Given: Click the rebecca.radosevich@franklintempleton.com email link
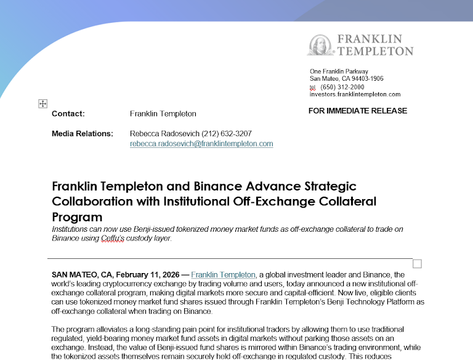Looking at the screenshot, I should (201, 144).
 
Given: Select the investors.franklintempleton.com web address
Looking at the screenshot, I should (355, 94).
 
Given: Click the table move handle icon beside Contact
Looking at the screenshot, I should (43, 104).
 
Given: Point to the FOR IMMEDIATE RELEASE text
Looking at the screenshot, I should (357, 111).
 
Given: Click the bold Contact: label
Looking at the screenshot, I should (68, 113).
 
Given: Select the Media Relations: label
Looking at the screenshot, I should (83, 134).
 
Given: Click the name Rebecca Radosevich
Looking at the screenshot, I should (164, 134).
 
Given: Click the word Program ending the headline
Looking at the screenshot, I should (77, 217).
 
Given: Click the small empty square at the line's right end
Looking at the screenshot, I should (417, 264).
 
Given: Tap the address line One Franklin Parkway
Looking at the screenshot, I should (339, 72).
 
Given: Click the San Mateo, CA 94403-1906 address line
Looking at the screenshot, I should (346, 79).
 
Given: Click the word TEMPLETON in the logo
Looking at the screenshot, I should (375, 51).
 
